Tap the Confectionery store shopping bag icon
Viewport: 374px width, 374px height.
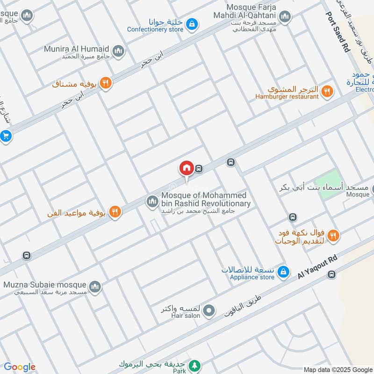(191, 22)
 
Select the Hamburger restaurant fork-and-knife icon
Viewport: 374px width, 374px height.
(327, 91)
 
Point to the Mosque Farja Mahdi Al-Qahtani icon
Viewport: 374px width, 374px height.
(284, 17)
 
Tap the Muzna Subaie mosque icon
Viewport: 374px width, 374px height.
(95, 286)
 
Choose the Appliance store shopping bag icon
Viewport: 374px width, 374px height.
(283, 271)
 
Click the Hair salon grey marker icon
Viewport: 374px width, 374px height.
(209, 310)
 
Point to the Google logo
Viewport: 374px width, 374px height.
(20, 367)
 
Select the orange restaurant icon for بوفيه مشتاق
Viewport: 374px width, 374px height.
(106, 83)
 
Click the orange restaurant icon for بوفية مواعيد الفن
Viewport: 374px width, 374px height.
(115, 212)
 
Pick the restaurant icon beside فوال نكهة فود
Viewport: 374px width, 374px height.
(333, 235)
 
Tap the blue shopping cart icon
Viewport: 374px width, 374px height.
(6, 136)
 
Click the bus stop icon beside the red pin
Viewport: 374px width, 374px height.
(199, 168)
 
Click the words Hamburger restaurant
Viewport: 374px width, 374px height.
(287, 96)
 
